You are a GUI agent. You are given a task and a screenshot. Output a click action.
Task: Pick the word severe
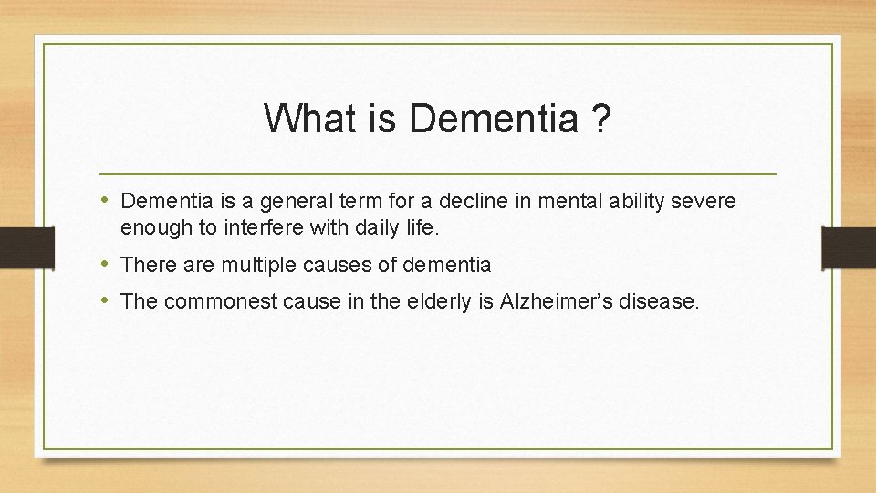[x=705, y=201]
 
